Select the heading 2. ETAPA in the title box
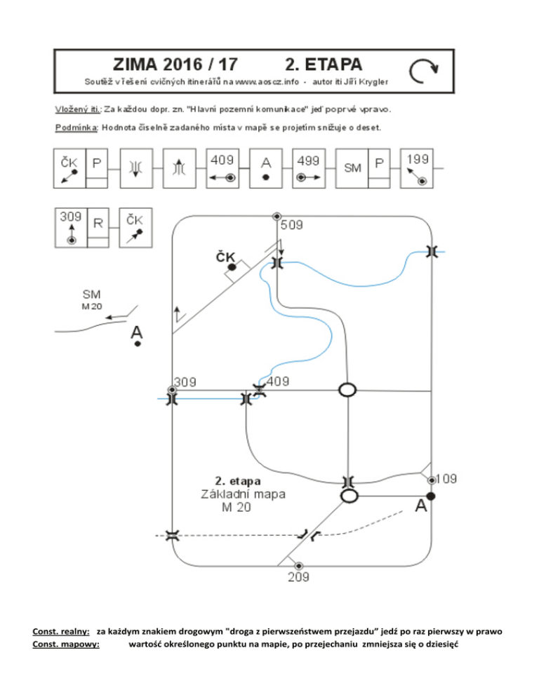pyautogui.click(x=325, y=64)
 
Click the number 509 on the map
pyautogui.click(x=293, y=226)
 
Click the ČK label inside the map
pyautogui.click(x=225, y=258)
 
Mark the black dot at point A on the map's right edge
pyautogui.click(x=431, y=496)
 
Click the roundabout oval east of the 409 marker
pyautogui.click(x=347, y=390)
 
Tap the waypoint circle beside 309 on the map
pyautogui.click(x=172, y=390)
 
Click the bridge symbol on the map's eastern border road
pyautogui.click(x=431, y=251)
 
